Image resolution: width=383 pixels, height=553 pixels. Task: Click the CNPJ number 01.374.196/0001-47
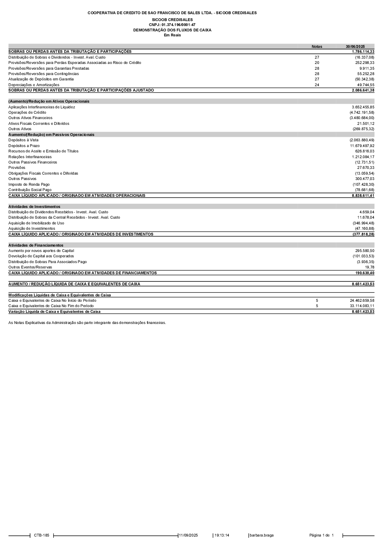pyautogui.click(x=172, y=25)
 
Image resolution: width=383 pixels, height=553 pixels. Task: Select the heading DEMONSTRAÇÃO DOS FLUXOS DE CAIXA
pyautogui.click(x=172, y=30)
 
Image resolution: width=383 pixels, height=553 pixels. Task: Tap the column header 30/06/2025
pyautogui.click(x=355, y=47)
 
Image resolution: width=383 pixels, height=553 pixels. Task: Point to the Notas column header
pyautogui.click(x=317, y=47)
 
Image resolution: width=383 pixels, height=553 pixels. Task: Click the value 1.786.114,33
pyautogui.click(x=363, y=51)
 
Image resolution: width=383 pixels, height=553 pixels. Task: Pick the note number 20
pyautogui.click(x=317, y=63)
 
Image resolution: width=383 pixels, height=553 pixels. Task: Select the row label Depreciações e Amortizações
pyautogui.click(x=34, y=85)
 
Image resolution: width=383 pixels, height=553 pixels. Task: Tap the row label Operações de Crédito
pyautogui.click(x=27, y=113)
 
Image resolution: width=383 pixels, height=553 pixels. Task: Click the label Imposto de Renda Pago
pyautogui.click(x=29, y=185)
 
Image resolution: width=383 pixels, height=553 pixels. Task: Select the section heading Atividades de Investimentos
pyautogui.click(x=34, y=207)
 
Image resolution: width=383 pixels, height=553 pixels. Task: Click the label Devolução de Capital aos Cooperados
pyautogui.click(x=41, y=256)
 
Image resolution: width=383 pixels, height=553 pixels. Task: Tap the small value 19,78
pyautogui.click(x=370, y=267)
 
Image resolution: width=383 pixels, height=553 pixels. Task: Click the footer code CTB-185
pyautogui.click(x=41, y=535)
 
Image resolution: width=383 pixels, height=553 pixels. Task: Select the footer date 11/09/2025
pyautogui.click(x=188, y=535)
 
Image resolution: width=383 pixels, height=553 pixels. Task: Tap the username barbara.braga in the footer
pyautogui.click(x=262, y=535)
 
